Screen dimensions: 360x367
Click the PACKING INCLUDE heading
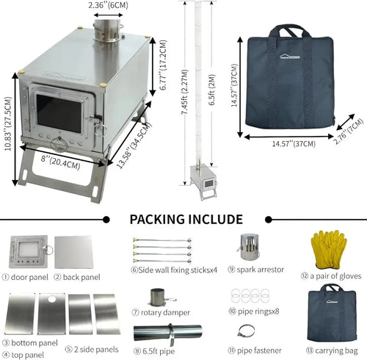click(x=186, y=219)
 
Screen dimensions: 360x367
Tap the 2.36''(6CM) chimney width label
click(x=109, y=5)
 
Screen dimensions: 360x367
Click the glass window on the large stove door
click(x=60, y=112)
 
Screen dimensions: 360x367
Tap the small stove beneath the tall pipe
click(x=202, y=177)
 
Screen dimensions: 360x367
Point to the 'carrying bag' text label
click(x=335, y=350)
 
